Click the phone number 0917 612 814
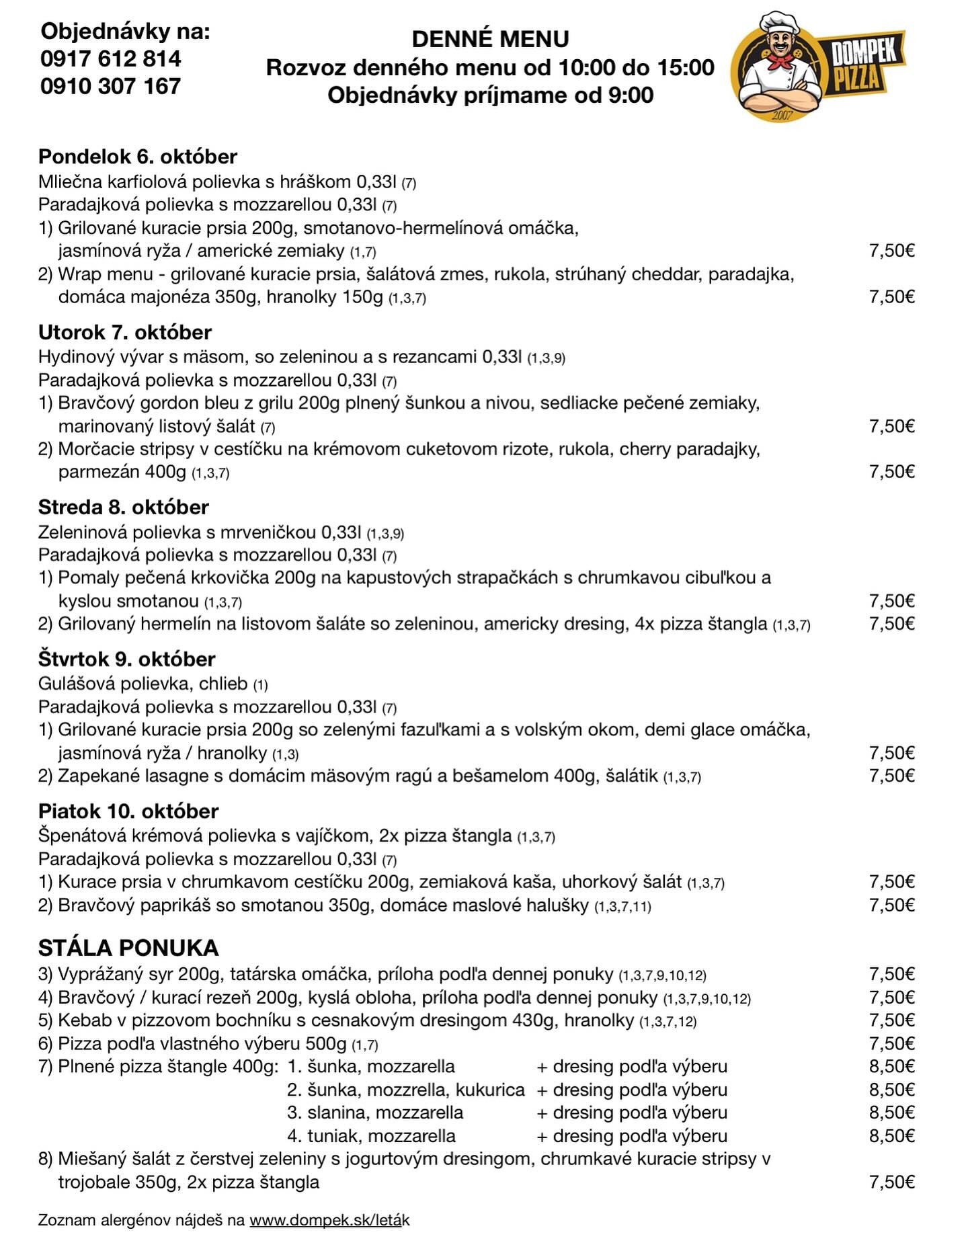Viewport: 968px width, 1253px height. coord(111,59)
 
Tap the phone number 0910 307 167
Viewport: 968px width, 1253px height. coord(111,86)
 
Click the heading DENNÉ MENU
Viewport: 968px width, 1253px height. coord(490,40)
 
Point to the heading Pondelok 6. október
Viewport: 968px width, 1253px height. coord(138,157)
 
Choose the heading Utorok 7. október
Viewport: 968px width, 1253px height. coord(125,332)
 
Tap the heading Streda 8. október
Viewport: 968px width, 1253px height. coord(124,507)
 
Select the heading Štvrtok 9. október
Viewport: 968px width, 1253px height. coord(127,659)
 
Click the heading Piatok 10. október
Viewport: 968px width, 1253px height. coord(128,811)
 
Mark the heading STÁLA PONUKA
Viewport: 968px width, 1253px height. coord(128,948)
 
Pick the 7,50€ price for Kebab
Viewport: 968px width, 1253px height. coord(891,1020)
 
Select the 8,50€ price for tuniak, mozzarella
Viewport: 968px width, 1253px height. coord(891,1136)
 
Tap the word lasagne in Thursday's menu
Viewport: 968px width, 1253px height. coord(175,776)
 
